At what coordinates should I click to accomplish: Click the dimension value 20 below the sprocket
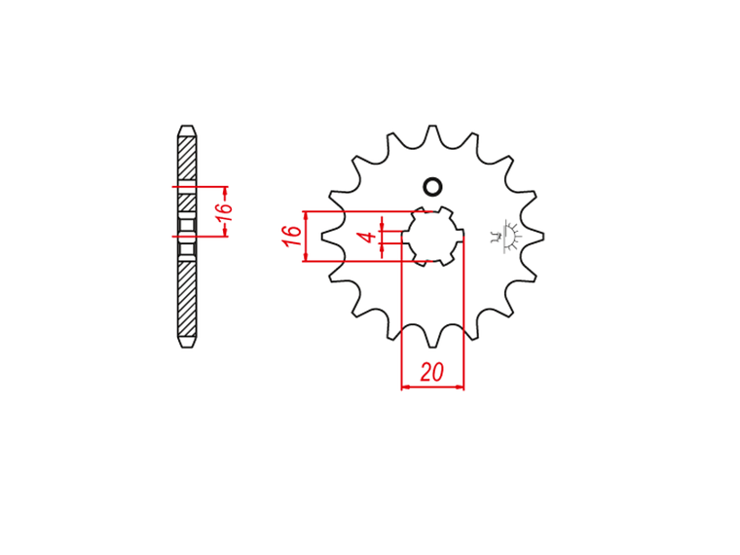click(x=431, y=372)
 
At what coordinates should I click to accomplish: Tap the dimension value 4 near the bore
click(x=369, y=236)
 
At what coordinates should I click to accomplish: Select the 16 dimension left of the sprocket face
click(x=292, y=236)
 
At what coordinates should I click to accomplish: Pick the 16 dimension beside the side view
click(x=225, y=211)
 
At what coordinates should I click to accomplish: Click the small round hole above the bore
click(x=432, y=187)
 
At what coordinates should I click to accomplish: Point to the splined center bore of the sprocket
click(x=432, y=236)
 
